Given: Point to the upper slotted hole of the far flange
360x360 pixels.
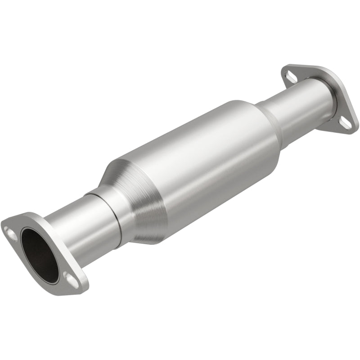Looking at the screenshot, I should pyautogui.click(x=292, y=77).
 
